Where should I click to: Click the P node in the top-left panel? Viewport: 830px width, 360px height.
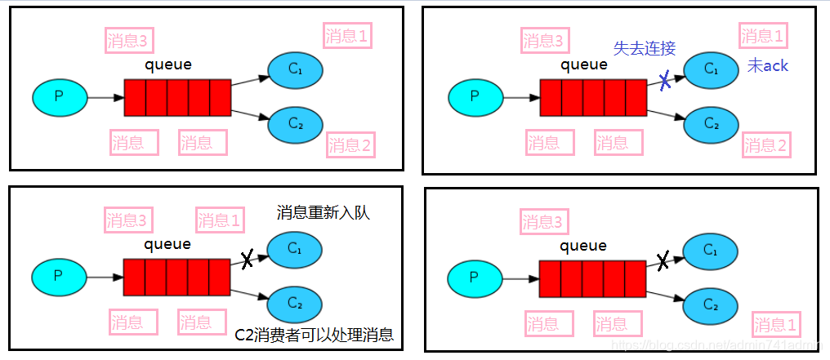tap(59, 97)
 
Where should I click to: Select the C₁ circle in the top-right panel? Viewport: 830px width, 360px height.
tap(711, 69)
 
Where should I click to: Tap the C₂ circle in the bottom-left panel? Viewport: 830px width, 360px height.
tap(295, 303)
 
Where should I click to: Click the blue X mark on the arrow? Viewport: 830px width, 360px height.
tap(666, 80)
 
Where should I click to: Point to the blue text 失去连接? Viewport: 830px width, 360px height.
tap(645, 48)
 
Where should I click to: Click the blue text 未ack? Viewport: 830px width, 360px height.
tap(768, 66)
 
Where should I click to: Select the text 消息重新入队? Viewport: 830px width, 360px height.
tap(324, 214)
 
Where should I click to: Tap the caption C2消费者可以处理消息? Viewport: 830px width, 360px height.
tap(314, 335)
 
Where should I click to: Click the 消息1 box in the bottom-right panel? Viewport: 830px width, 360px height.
tap(776, 323)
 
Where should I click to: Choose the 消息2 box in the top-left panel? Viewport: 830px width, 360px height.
tap(350, 145)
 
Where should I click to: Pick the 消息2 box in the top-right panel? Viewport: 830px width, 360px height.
tap(766, 145)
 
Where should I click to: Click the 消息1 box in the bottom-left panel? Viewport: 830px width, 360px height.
tap(220, 220)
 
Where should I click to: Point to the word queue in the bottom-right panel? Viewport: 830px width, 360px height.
tap(583, 246)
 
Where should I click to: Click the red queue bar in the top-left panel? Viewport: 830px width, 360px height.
tap(177, 98)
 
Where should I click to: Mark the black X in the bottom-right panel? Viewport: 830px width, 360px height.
tap(663, 260)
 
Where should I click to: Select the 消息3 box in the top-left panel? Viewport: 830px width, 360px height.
tap(130, 39)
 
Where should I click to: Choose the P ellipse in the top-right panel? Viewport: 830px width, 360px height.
tap(475, 98)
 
